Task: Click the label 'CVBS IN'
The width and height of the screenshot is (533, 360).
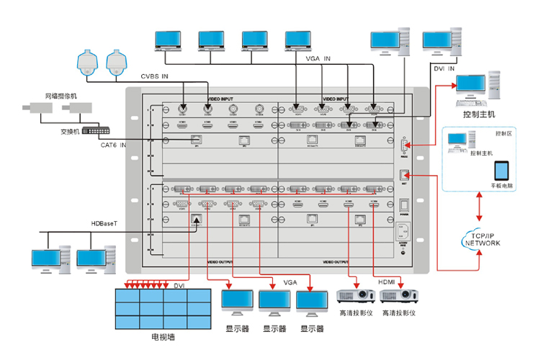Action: coord(155,76)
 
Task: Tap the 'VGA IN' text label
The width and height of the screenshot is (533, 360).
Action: coord(318,58)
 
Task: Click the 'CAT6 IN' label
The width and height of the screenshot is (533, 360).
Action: coord(113,145)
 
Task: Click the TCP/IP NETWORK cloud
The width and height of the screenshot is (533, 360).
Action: coord(481,240)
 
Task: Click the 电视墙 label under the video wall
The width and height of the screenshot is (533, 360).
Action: coord(162,336)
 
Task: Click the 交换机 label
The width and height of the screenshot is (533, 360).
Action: coord(69,132)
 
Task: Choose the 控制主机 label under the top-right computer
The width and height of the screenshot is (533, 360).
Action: coord(480,114)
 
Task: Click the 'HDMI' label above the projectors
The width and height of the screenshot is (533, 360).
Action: coord(388,282)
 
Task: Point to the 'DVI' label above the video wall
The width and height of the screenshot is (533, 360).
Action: coord(179,285)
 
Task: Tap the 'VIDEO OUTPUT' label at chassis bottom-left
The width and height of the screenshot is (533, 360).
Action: coord(221,262)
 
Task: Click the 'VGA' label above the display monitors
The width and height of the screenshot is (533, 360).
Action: coord(290,282)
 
